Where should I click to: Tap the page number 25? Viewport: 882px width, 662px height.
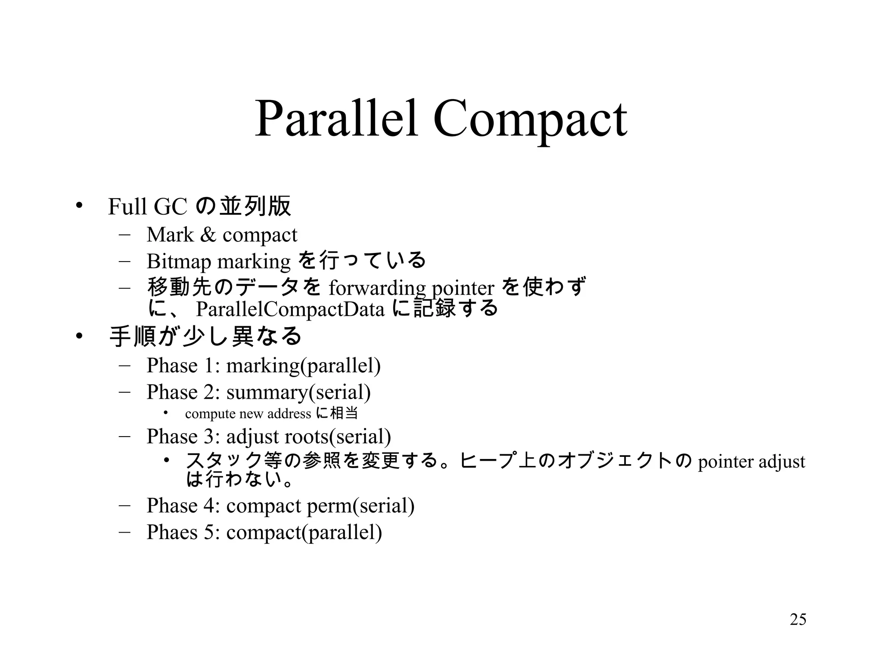798,619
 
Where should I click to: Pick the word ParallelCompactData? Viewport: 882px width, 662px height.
290,309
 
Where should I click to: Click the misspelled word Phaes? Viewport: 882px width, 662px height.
172,532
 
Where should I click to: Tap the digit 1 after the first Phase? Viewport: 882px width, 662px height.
209,365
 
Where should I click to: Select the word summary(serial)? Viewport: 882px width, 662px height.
298,392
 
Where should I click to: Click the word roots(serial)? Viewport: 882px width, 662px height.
338,436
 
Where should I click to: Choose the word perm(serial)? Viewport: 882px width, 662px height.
360,506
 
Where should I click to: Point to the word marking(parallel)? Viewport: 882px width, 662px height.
303,365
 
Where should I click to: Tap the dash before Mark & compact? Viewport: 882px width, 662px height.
125,235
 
